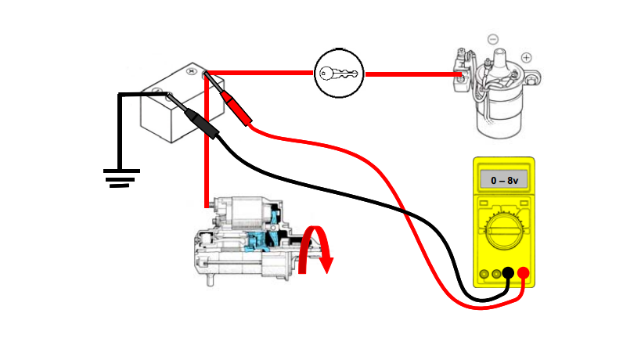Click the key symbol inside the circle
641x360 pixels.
tap(339, 74)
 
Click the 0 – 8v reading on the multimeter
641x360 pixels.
tap(503, 181)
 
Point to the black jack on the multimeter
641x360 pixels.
tap(508, 274)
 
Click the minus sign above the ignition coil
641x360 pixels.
tap(492, 38)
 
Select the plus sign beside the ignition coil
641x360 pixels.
tap(526, 57)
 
